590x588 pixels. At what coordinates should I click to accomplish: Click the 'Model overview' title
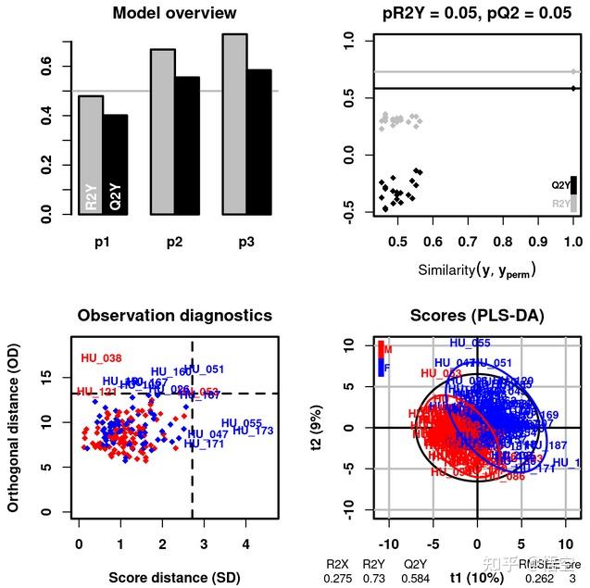click(174, 13)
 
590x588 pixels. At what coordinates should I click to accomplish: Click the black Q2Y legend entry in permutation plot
click(573, 184)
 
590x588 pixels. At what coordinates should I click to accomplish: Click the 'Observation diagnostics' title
click(174, 316)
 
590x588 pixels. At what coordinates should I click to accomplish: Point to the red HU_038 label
click(102, 357)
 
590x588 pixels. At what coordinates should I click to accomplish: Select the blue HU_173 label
click(253, 431)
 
